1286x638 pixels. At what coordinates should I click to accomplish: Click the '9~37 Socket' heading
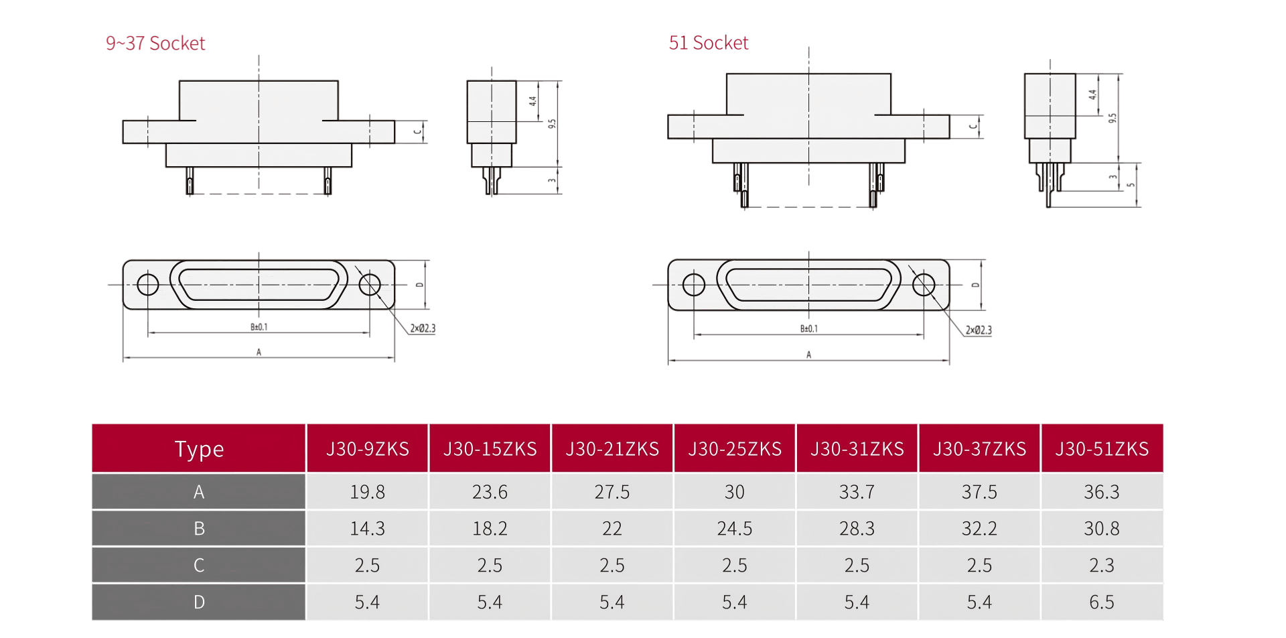(155, 44)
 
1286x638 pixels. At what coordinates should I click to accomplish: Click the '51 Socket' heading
(709, 43)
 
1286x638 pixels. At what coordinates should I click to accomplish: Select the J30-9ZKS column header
(368, 449)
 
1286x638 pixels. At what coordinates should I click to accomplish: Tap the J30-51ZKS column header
(1102, 449)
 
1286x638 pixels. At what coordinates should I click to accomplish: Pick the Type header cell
(199, 449)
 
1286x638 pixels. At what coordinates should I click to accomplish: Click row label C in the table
(199, 565)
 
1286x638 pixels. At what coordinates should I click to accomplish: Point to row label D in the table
(199, 602)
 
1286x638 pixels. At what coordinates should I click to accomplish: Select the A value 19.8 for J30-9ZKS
(368, 492)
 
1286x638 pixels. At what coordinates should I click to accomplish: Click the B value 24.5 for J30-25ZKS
(735, 529)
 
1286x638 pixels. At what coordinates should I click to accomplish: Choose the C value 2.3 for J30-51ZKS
(1102, 565)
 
